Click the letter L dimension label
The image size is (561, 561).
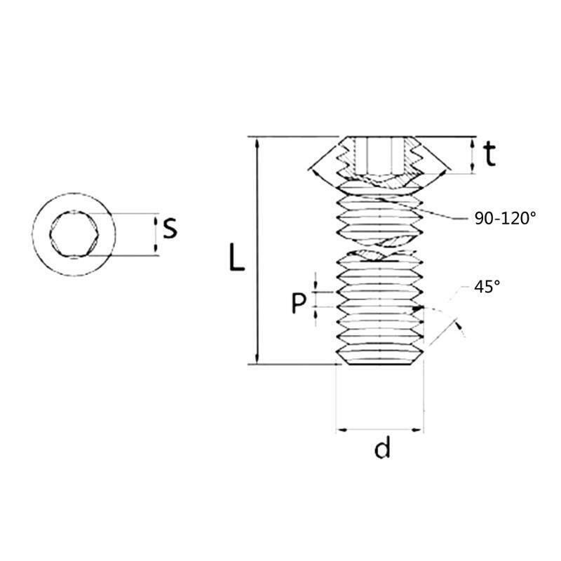click(236, 257)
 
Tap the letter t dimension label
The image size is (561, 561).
click(489, 154)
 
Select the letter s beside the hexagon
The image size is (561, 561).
click(170, 229)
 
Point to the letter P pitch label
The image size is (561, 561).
click(299, 303)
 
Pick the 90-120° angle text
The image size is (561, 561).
click(505, 218)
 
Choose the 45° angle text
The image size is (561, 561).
click(487, 286)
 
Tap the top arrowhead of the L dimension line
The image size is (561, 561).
click(257, 143)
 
